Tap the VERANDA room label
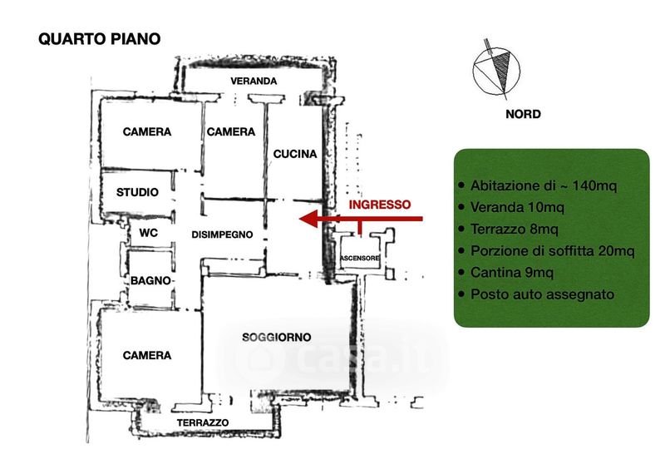[x=254, y=81]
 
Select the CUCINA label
[x=295, y=154]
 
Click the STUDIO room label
[x=137, y=192]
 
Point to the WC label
[x=149, y=233]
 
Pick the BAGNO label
[x=150, y=281]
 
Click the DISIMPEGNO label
[x=221, y=234]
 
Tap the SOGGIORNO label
[x=277, y=337]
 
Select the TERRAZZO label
[x=202, y=423]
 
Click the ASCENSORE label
[x=360, y=259]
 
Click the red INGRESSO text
[x=379, y=204]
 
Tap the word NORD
[x=524, y=114]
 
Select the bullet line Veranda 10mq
[x=517, y=207]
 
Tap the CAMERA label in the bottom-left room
[x=146, y=355]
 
